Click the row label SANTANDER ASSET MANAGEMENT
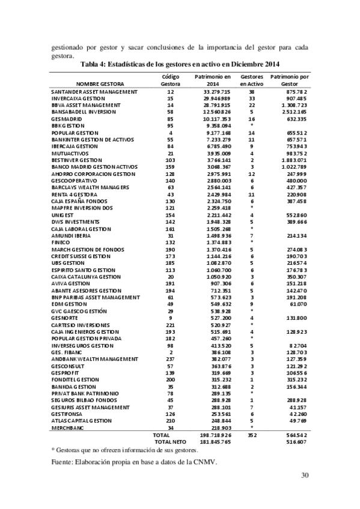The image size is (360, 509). click(x=96, y=91)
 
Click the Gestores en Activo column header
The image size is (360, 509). click(x=252, y=80)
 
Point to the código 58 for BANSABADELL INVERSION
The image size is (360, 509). click(x=171, y=112)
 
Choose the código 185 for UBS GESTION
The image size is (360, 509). click(x=171, y=262)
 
